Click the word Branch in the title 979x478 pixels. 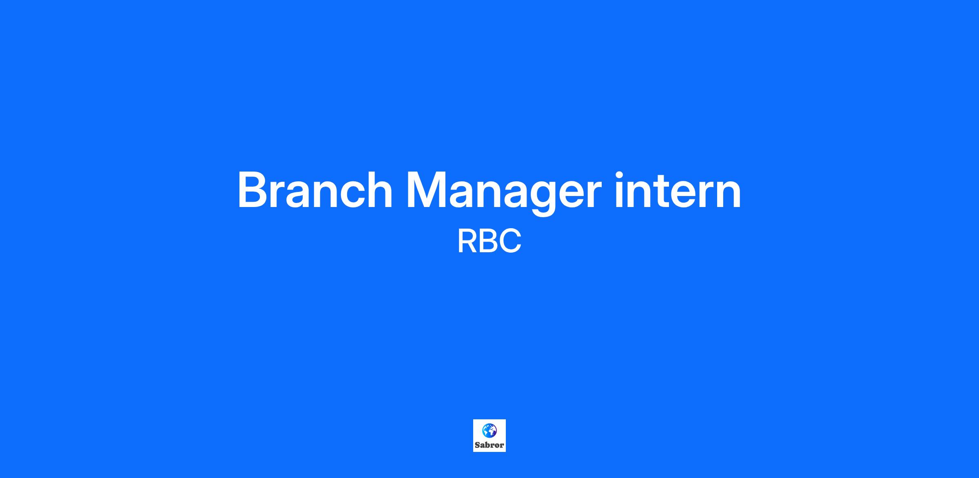tap(315, 190)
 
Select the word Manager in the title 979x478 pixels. tap(504, 194)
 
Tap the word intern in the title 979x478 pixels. tap(678, 190)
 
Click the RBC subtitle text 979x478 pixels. tap(489, 241)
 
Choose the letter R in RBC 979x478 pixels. tap(467, 241)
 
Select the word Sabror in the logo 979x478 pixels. tap(489, 445)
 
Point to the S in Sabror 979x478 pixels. tap(477, 445)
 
